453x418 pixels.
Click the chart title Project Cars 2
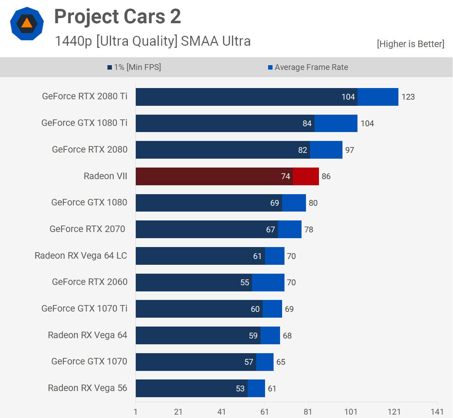117,16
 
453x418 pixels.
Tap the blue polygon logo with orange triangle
27,24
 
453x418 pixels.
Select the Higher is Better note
410,44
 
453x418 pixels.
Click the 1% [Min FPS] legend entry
134,67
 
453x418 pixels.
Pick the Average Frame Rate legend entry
308,67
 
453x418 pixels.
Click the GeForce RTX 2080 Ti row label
85,96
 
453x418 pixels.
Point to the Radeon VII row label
105,176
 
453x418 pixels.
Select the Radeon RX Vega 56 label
87,388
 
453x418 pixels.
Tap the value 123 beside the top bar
408,97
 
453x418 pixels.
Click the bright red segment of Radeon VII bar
306,176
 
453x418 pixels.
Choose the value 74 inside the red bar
286,176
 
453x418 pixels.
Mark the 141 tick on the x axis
437,412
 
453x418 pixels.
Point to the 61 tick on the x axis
264,412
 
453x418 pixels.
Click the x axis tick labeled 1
135,412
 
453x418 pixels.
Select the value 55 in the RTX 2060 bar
245,283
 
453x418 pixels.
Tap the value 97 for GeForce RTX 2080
350,150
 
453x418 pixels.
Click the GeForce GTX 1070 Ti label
84,308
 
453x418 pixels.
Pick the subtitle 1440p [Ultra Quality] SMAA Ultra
153,41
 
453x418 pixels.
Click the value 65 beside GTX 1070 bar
281,362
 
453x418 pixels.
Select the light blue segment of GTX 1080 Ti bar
336,123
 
